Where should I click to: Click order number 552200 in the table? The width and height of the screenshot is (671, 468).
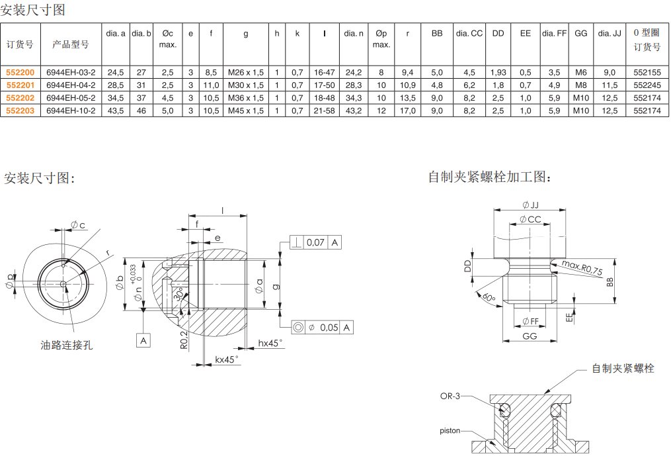pyautogui.click(x=20, y=73)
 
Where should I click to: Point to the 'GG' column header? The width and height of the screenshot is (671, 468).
pyautogui.click(x=580, y=33)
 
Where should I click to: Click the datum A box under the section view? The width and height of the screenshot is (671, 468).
pyautogui.click(x=143, y=340)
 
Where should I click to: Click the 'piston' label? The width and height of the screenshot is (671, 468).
pyautogui.click(x=450, y=430)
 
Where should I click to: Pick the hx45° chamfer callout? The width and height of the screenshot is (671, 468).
pyautogui.click(x=270, y=343)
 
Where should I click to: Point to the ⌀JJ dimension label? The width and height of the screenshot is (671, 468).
pyautogui.click(x=530, y=205)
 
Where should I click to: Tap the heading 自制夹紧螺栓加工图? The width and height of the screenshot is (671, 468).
pyautogui.click(x=489, y=177)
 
